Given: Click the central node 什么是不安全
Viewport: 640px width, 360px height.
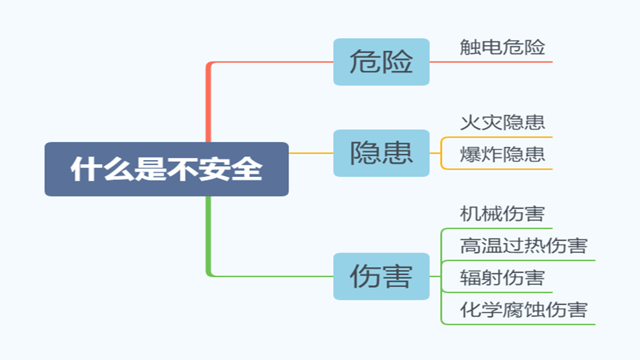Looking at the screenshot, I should coord(166,169).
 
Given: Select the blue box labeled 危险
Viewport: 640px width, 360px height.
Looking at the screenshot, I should coord(381,62).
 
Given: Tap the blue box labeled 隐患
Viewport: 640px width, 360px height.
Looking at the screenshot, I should coord(381,153).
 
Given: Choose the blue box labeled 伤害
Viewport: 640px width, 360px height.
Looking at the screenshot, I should coord(381,276).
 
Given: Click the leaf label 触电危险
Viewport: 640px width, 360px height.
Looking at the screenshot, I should coord(502,47).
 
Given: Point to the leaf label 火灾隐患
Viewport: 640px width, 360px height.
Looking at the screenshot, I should coord(502,122).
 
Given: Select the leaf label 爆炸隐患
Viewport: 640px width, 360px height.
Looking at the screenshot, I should coord(502,154).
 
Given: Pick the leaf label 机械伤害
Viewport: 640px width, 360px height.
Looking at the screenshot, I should coord(502,214).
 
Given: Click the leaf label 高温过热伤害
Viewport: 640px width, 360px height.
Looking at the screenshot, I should coord(524,246).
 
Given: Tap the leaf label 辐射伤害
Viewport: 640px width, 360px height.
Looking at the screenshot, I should coord(502,277).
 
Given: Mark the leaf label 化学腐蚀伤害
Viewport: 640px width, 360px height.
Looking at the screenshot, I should coord(524,309).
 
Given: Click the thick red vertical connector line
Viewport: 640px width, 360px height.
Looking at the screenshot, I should coord(209,103).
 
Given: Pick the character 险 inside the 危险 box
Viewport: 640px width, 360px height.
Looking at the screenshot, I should coord(397,62).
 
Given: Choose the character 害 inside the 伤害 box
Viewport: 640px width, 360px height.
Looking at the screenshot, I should coord(397,276).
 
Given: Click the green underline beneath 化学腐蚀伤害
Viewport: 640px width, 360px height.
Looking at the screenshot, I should coord(519,324).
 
